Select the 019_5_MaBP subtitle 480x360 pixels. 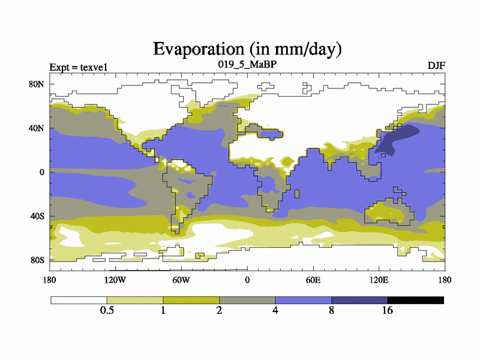click(247, 64)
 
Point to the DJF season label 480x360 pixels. click(436, 65)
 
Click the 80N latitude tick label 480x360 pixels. click(37, 84)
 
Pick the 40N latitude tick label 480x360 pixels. click(37, 128)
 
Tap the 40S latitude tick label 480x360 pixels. click(37, 216)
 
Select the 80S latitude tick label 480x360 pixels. click(37, 260)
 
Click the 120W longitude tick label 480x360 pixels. click(115, 280)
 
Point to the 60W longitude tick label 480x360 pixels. click(181, 280)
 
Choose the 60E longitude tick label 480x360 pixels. click(313, 280)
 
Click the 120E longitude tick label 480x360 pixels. click(379, 280)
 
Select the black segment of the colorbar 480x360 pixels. click(415, 300)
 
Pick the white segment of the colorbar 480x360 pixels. click(79, 300)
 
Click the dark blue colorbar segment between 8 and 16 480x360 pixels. click(359, 300)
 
